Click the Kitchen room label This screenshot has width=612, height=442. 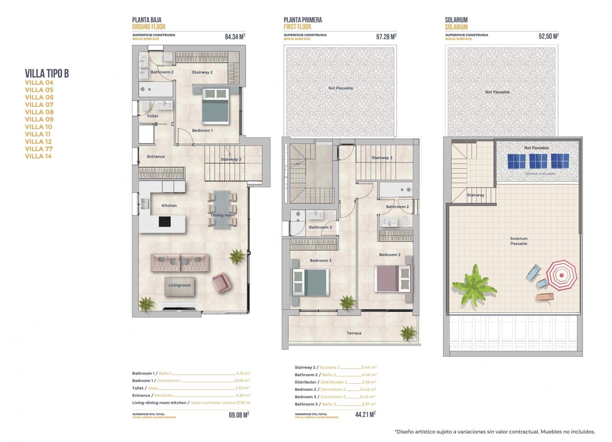point(169,206)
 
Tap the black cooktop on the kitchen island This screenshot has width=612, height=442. point(164,222)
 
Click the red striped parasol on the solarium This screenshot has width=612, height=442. point(561,275)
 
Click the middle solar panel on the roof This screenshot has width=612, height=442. point(538,161)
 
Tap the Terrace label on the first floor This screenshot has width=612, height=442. point(354,333)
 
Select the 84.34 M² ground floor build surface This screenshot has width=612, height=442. point(235,37)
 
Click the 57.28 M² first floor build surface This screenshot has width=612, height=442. point(386,37)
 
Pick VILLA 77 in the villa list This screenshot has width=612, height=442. point(39,149)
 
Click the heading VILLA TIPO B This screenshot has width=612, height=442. point(47,73)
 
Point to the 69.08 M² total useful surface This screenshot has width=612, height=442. point(239,415)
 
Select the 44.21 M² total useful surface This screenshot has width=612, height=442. point(365,414)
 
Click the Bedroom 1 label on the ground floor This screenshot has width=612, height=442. point(202,131)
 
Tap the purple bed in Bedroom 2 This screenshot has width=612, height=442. point(393,278)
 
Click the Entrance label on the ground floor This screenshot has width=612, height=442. point(156,157)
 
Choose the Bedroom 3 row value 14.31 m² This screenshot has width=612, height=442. point(367,397)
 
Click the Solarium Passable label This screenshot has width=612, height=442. point(518,241)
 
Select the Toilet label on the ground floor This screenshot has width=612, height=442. point(152,116)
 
